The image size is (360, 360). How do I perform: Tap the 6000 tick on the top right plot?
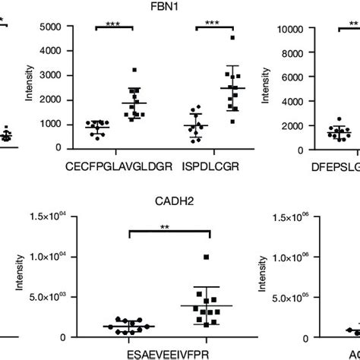(292, 77)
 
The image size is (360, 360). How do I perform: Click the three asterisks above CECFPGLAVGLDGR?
(114, 25)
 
